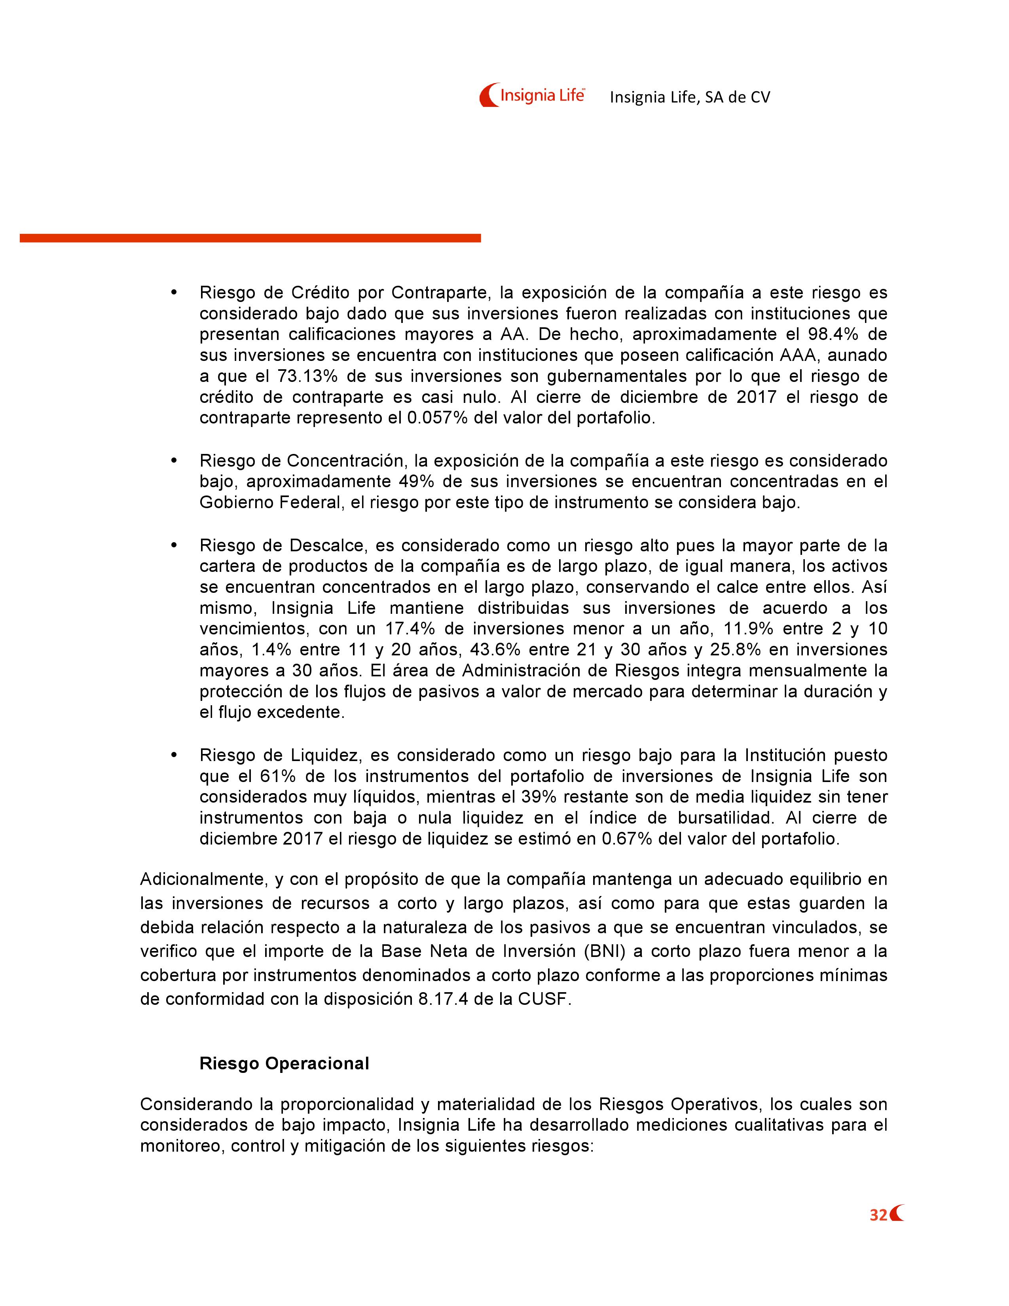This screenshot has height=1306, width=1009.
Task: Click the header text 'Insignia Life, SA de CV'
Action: [x=690, y=97]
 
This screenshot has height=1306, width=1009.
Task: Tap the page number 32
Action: [x=878, y=1215]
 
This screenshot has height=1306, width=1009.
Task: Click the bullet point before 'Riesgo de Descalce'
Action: [x=174, y=545]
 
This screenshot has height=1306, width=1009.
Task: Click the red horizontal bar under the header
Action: [x=250, y=238]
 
